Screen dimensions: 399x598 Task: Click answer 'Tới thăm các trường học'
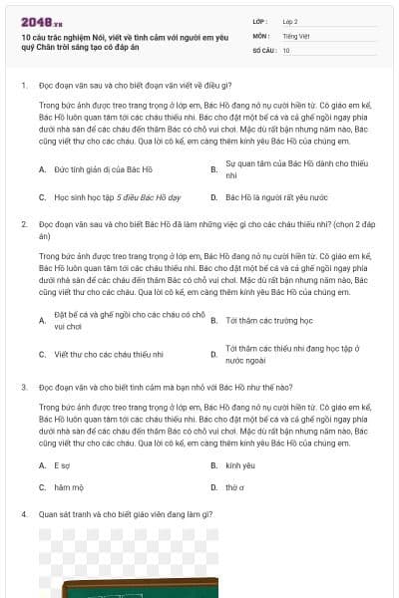(269, 321)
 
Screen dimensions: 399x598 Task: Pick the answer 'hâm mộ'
(67, 487)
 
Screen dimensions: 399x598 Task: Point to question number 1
(23, 87)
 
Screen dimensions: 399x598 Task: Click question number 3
(23, 386)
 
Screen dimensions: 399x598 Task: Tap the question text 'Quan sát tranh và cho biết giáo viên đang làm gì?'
(120, 514)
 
